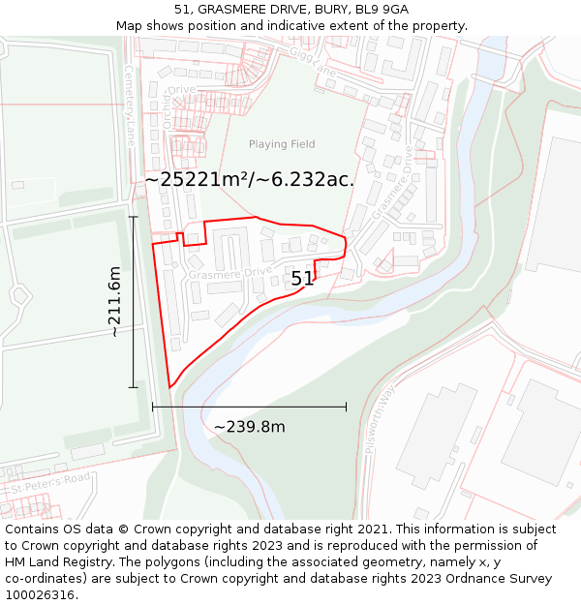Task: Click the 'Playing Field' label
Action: tap(282, 144)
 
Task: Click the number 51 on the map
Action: tap(302, 279)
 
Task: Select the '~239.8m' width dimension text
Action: tap(249, 427)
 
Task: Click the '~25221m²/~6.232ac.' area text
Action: tap(249, 179)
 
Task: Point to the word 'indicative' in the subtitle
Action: tap(313, 25)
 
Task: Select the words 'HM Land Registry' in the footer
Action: tap(55, 561)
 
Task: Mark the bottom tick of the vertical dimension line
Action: tap(134, 387)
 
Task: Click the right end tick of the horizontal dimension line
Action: tap(346, 408)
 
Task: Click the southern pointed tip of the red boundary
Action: tap(169, 388)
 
